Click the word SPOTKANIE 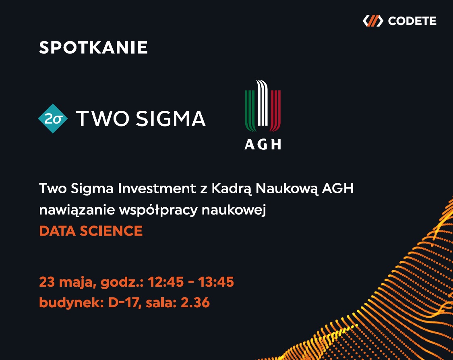click(x=93, y=48)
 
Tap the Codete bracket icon click(x=373, y=21)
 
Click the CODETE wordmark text click(x=412, y=21)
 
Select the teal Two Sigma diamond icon click(x=53, y=118)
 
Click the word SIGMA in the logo click(x=171, y=118)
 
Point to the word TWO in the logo click(x=103, y=118)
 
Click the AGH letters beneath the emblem click(x=263, y=145)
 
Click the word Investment click(x=157, y=188)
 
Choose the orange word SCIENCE click(x=111, y=231)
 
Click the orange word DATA click(x=57, y=231)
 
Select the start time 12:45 click(x=165, y=282)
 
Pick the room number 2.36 click(x=195, y=303)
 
